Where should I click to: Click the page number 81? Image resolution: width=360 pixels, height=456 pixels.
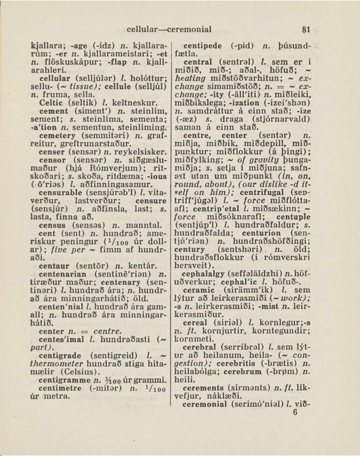[x=305, y=30]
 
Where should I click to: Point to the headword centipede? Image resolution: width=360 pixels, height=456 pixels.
[x=204, y=46]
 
